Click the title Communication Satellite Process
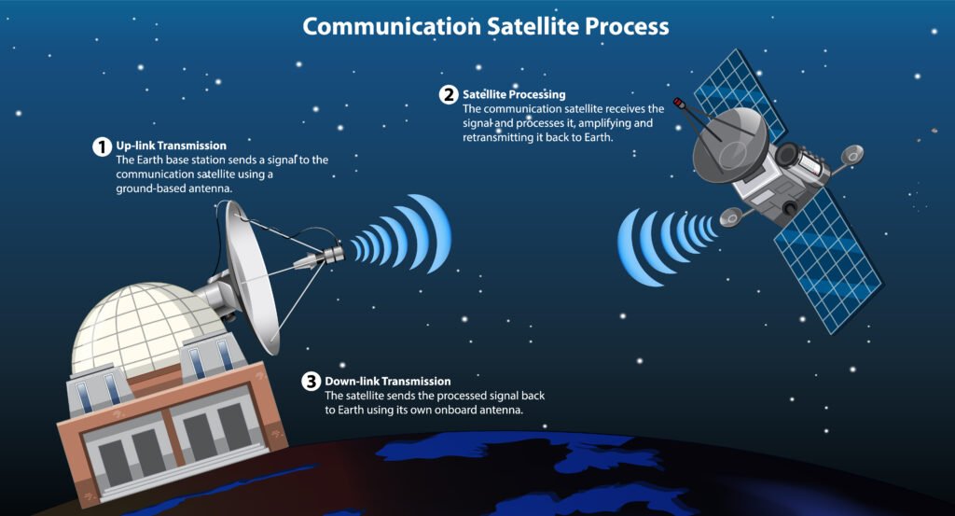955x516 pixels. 486,26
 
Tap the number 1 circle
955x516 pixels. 101,146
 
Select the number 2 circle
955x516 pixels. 449,94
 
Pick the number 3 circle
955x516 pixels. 311,382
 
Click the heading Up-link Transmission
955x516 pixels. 172,146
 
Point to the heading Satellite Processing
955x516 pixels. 514,94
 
